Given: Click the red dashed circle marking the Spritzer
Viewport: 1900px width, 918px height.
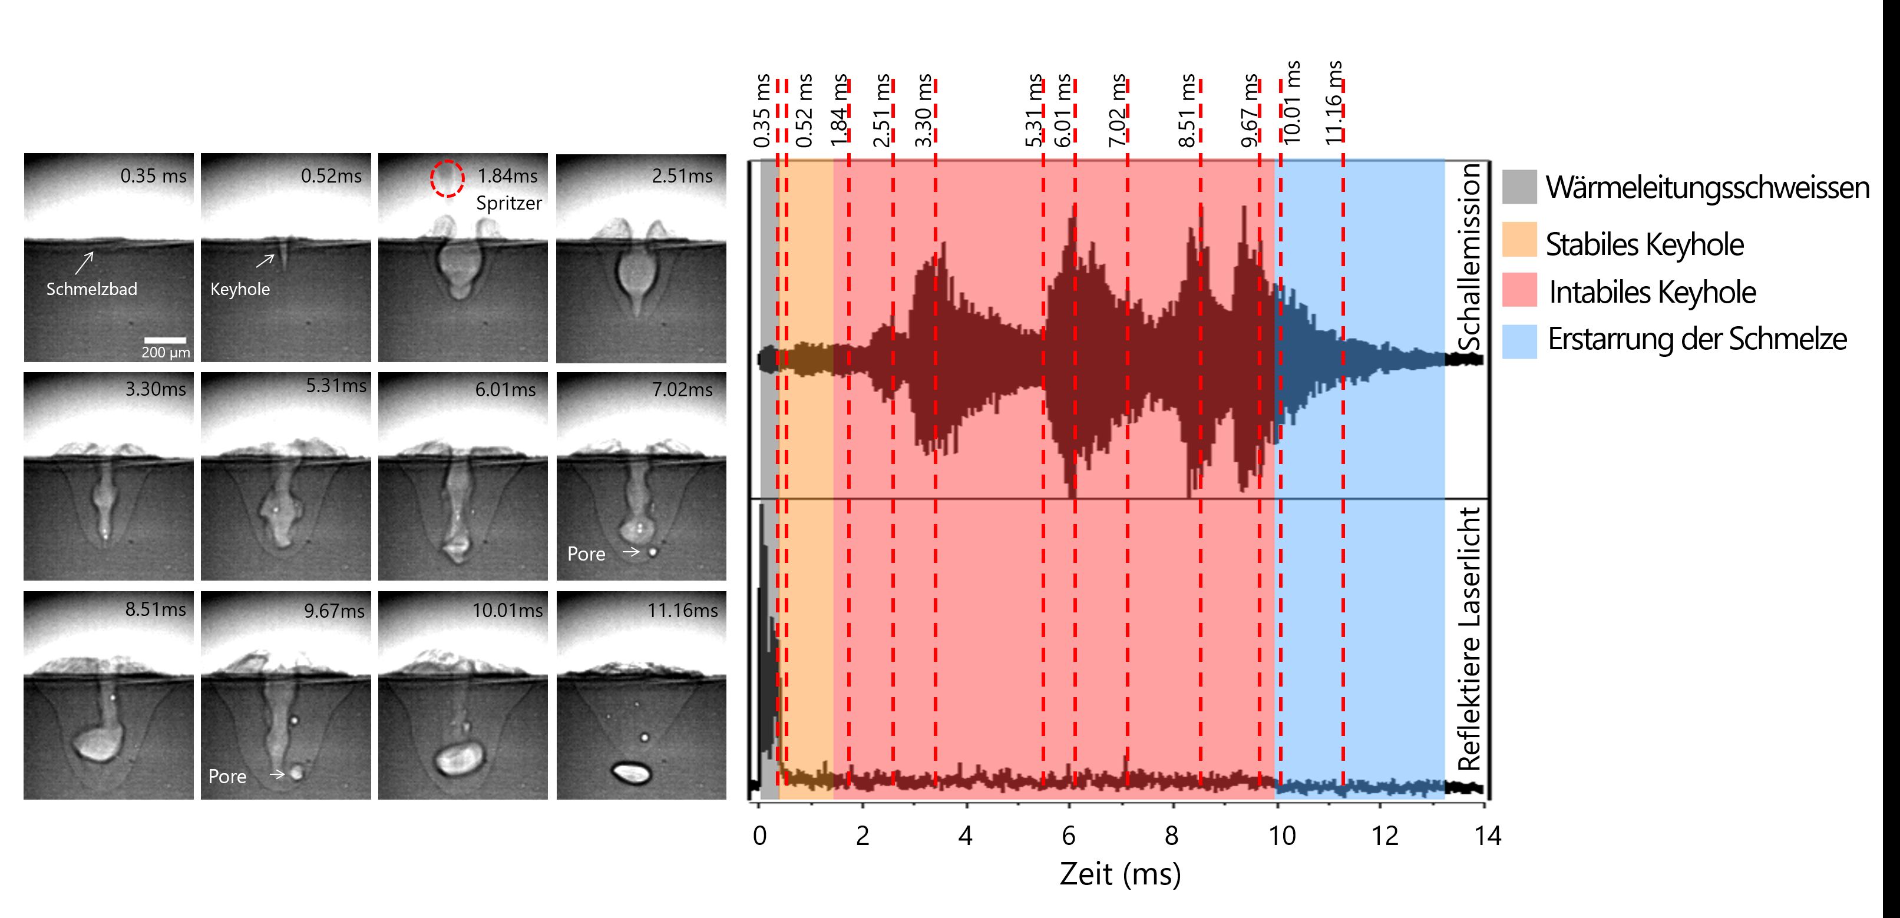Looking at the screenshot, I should coord(447,178).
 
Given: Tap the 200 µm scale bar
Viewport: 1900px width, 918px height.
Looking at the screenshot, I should coord(164,340).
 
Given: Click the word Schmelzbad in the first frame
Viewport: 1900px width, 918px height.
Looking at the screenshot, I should coord(91,289).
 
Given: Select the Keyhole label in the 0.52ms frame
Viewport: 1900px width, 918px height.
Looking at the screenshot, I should coord(240,289).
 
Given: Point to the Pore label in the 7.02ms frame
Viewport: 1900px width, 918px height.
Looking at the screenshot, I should coord(586,554).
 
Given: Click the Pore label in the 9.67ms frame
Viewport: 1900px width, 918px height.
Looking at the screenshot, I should coord(227,777).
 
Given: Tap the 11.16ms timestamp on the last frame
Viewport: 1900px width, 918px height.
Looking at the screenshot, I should coord(682,611).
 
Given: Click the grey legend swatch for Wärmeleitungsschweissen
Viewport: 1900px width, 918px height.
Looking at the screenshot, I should coord(1519,187).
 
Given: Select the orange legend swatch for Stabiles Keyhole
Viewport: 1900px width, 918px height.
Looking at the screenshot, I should coord(1519,240).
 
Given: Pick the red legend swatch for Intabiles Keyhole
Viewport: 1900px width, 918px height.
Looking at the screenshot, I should coord(1519,290).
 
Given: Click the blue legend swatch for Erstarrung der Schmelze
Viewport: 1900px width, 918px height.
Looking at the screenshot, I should coord(1519,342).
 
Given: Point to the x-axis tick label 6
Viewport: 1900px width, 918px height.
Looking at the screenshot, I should coord(1068,836).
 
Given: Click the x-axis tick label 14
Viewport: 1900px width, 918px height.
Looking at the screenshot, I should coord(1487,836).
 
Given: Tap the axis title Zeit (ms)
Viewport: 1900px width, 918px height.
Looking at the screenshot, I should coord(1119,874).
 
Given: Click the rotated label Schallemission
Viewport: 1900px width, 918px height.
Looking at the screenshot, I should coord(1469,257).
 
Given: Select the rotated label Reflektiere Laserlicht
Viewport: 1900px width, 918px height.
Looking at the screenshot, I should coord(1469,638).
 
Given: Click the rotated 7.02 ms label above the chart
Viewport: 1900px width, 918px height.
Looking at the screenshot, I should coord(1118,111).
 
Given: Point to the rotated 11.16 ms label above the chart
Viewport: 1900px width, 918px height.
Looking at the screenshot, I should coord(1334,103).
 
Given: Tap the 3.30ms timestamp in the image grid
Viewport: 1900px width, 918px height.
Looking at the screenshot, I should coord(156,389).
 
